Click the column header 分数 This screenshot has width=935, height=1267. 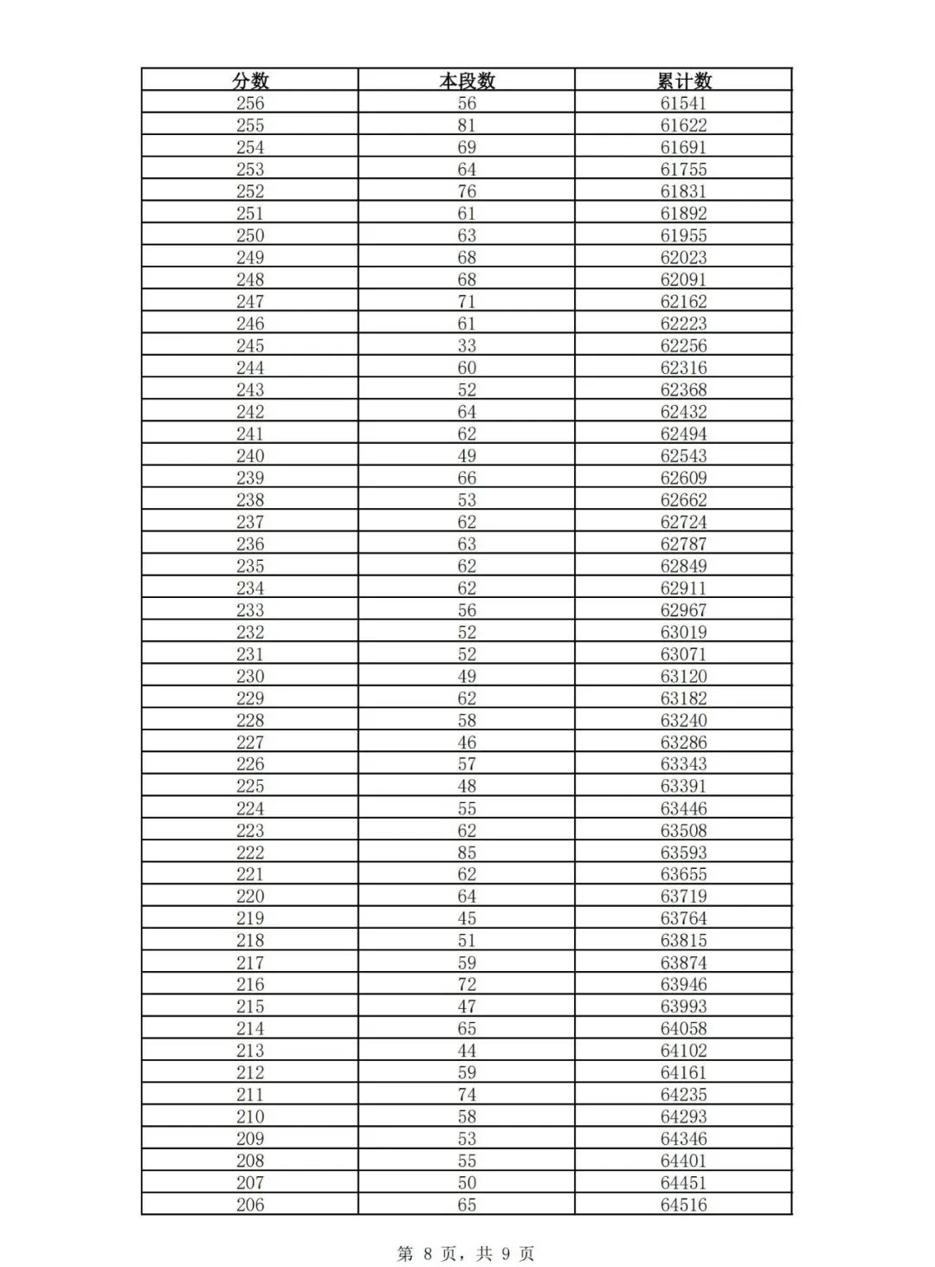[250, 80]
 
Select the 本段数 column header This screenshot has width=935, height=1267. [467, 80]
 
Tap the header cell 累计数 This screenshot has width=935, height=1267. [683, 80]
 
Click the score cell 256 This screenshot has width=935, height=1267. [250, 103]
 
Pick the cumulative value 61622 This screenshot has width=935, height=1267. [683, 125]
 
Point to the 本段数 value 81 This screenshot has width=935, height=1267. [467, 125]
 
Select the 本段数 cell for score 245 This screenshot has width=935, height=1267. [467, 345]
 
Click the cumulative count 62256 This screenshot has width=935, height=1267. [683, 345]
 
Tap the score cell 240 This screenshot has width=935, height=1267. [250, 456]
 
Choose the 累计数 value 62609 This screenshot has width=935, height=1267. [683, 478]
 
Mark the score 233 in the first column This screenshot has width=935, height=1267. [250, 610]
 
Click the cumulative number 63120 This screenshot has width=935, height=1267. [683, 676]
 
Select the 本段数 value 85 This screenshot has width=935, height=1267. [467, 852]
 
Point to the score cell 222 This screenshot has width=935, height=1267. [250, 852]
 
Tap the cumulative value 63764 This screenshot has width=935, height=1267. [683, 918]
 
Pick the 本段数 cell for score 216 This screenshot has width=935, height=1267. [467, 984]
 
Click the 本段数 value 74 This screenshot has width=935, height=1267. [467, 1095]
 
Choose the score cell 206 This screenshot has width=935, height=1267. [250, 1205]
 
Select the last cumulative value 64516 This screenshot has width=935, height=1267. [683, 1205]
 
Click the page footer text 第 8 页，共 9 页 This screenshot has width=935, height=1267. [466, 1253]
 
